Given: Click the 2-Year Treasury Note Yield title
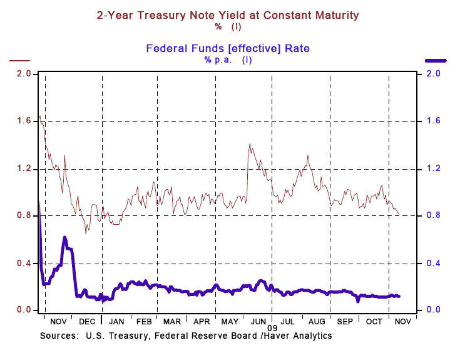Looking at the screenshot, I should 228,14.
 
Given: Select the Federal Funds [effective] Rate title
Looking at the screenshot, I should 228,48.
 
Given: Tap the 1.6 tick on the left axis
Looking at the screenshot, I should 24,121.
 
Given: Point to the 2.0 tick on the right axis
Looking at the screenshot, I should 434,74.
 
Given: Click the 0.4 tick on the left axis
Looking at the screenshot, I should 24,263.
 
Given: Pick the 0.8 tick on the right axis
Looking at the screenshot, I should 434,216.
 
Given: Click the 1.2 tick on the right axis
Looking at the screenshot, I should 434,169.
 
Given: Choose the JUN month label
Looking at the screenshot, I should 258,321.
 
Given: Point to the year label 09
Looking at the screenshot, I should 272,328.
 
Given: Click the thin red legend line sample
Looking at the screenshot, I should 19,61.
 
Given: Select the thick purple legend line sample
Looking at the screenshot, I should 436,61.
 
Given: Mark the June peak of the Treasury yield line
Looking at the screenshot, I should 250,144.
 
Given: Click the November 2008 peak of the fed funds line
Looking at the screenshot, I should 64,237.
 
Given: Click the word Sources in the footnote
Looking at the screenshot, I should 58,336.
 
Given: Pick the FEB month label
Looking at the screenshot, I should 143,321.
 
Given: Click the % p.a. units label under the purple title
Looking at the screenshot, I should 217,59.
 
